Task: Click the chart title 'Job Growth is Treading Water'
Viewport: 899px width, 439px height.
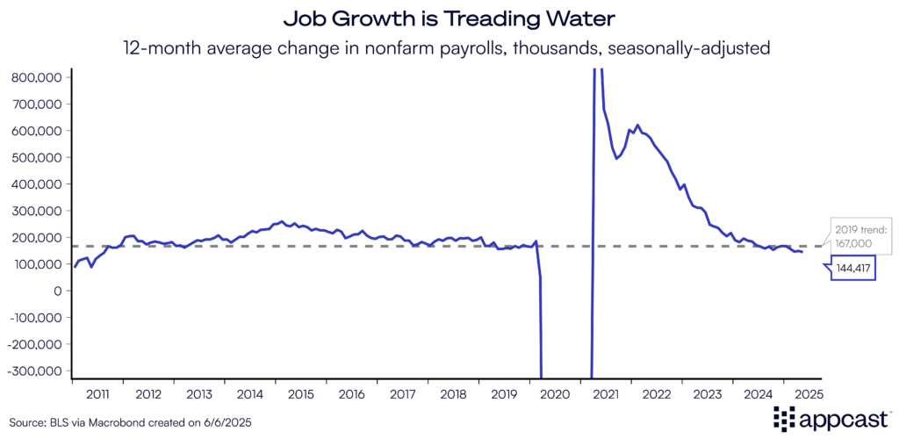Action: click(449, 18)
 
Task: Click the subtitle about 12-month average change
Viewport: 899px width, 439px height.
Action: click(449, 48)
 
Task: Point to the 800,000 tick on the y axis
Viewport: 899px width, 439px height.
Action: click(36, 77)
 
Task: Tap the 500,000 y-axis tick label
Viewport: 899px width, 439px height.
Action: click(36, 157)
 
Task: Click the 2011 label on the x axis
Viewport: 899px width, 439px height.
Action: click(97, 393)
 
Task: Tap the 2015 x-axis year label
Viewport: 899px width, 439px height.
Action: click(301, 393)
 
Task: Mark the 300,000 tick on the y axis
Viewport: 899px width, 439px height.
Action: click(36, 211)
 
